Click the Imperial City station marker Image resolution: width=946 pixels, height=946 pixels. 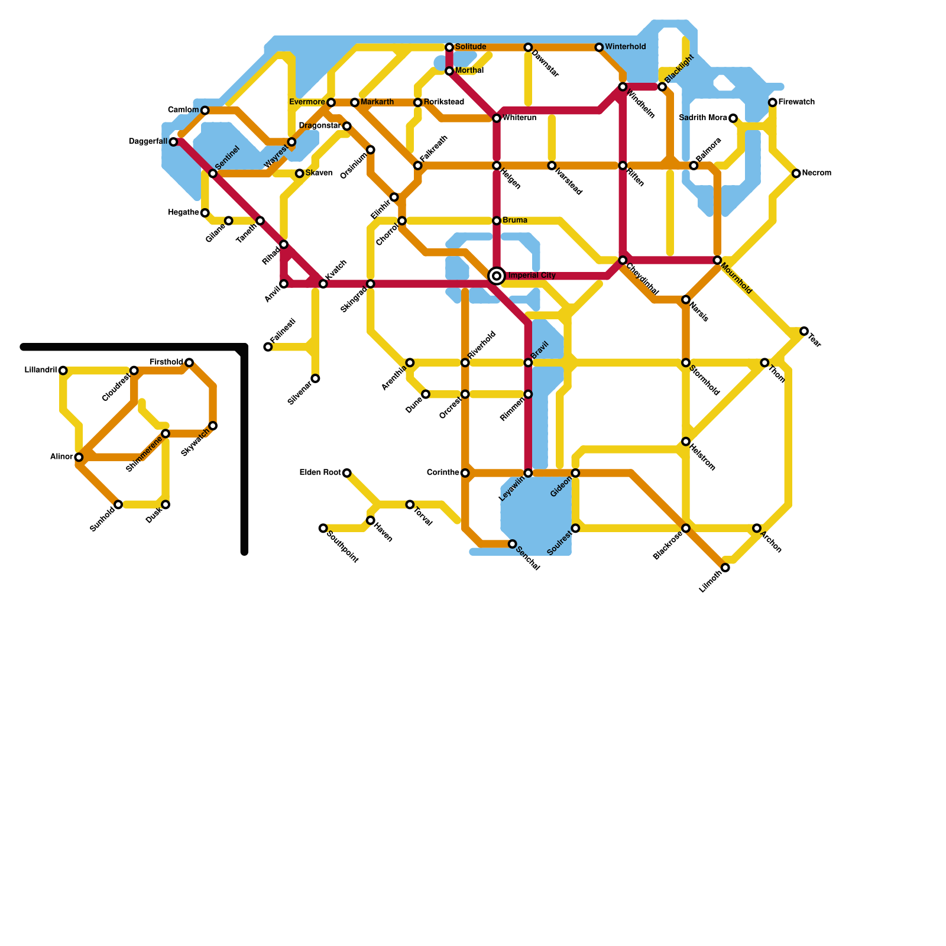[x=497, y=276]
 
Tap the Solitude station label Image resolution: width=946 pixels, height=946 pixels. [x=471, y=47]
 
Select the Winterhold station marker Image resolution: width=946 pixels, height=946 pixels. [x=599, y=47]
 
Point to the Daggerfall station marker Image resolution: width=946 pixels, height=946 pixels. [x=173, y=142]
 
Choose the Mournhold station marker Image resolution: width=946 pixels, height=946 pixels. [x=717, y=260]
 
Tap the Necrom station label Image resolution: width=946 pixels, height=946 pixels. [x=817, y=173]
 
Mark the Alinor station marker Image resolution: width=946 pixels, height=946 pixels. [x=79, y=457]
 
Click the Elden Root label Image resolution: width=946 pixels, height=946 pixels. [x=320, y=472]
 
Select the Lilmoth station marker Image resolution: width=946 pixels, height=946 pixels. [x=725, y=568]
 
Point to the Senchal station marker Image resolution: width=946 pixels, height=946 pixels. [x=513, y=544]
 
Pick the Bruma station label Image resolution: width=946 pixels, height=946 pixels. [x=514, y=221]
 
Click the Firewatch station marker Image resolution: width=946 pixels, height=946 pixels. [x=773, y=103]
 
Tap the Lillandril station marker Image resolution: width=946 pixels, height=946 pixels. [x=63, y=371]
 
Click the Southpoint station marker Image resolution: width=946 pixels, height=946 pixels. [x=323, y=528]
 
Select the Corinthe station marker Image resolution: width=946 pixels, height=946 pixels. [x=465, y=473]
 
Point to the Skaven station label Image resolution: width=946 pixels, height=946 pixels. [x=319, y=173]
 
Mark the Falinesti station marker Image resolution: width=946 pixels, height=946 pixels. [x=268, y=347]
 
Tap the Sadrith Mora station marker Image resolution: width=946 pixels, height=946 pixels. [x=733, y=118]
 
